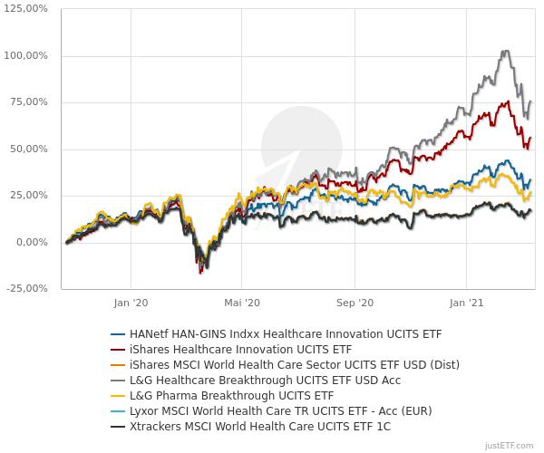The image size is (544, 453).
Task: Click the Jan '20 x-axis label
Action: [x=132, y=304]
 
